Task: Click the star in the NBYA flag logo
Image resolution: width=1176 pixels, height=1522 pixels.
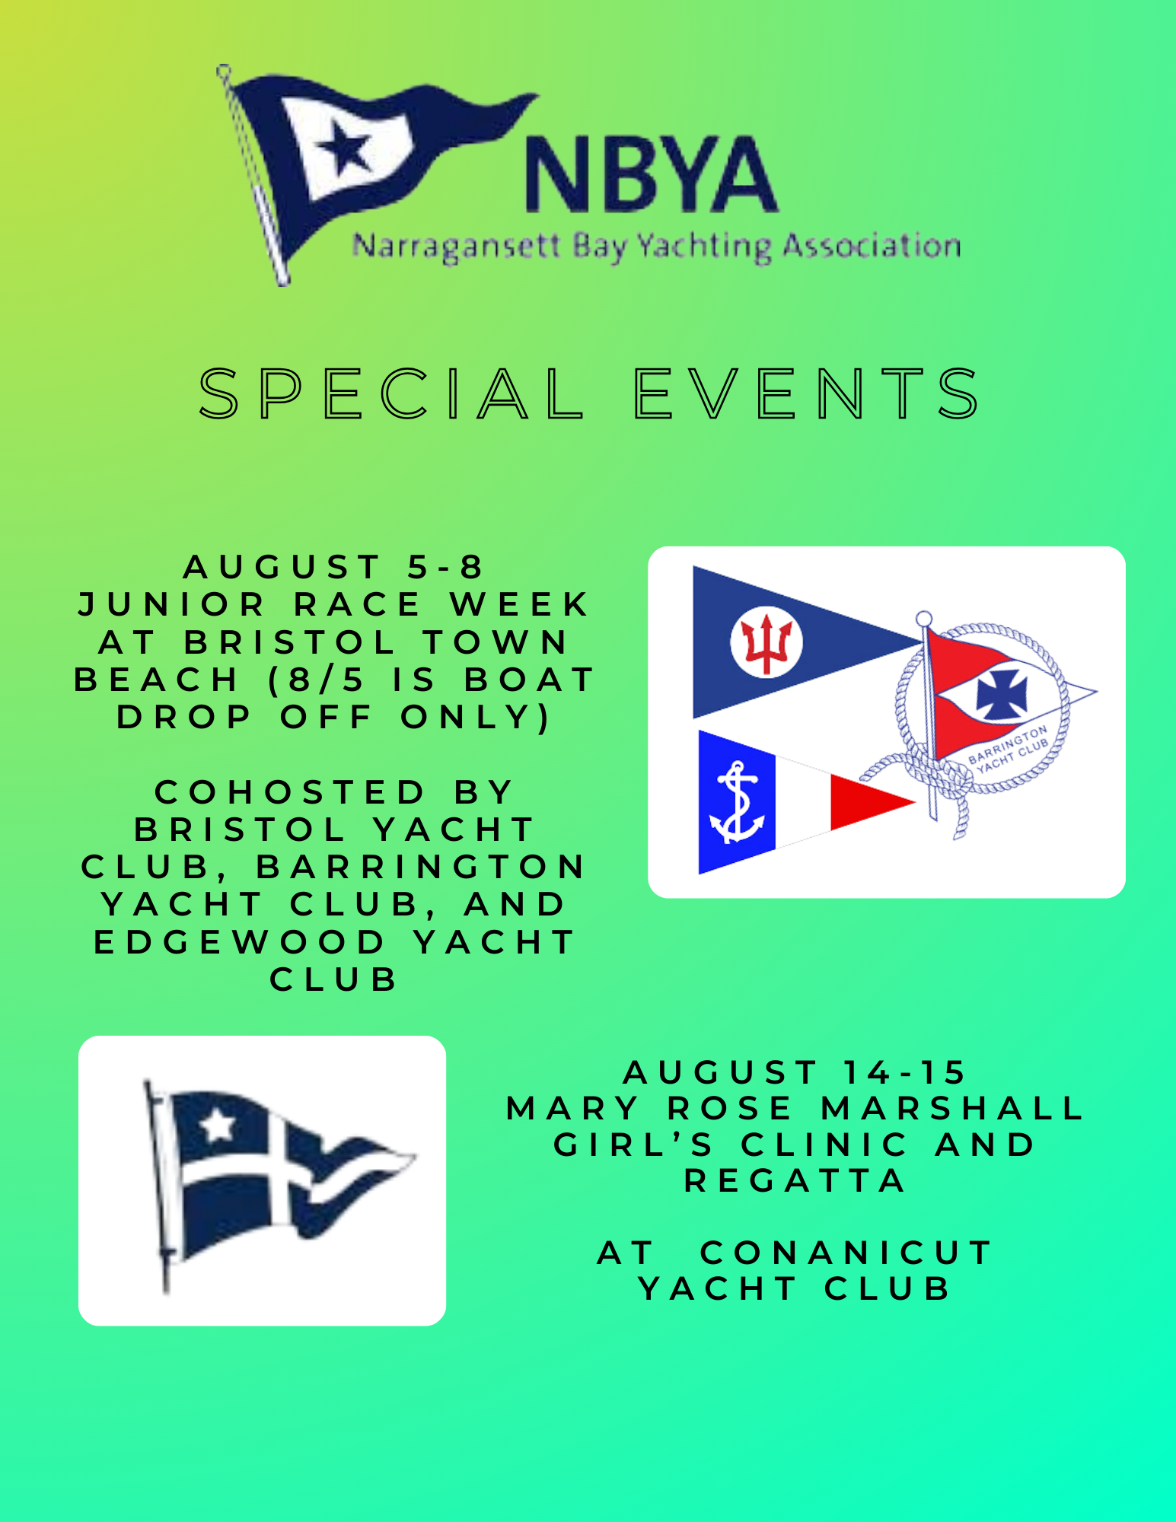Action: click(346, 147)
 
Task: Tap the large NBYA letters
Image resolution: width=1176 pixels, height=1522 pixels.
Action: click(652, 174)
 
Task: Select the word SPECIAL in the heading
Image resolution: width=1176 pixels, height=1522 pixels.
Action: click(391, 393)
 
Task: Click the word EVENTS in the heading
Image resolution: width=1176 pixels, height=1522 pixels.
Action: click(808, 393)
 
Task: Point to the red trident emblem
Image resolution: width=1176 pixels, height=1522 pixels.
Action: click(766, 642)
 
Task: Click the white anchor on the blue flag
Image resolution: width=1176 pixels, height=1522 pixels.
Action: click(735, 802)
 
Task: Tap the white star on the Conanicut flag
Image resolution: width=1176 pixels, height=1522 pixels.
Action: click(218, 1125)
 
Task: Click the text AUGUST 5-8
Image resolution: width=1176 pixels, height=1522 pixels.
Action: click(333, 567)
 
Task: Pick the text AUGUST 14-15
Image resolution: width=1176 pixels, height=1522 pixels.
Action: click(795, 1072)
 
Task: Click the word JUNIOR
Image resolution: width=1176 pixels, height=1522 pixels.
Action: click(172, 604)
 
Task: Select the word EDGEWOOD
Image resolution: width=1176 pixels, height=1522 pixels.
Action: click(240, 942)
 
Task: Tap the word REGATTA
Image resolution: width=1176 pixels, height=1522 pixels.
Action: click(795, 1181)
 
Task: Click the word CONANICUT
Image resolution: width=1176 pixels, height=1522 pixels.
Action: click(846, 1253)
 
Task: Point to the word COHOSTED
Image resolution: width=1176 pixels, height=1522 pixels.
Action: click(289, 792)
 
